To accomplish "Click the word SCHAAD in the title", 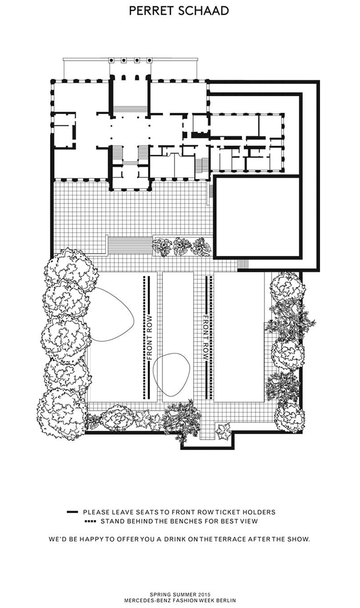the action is pos(203,11).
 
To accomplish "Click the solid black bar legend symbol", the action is pos(72,512).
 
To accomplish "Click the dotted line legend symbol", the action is pos(91,521).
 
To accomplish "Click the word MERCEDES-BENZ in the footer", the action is pos(144,601).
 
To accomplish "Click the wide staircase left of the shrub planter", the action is pos(130,244).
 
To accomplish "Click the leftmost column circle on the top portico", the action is pos(111,60).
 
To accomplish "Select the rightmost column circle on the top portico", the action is pos(149,60).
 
